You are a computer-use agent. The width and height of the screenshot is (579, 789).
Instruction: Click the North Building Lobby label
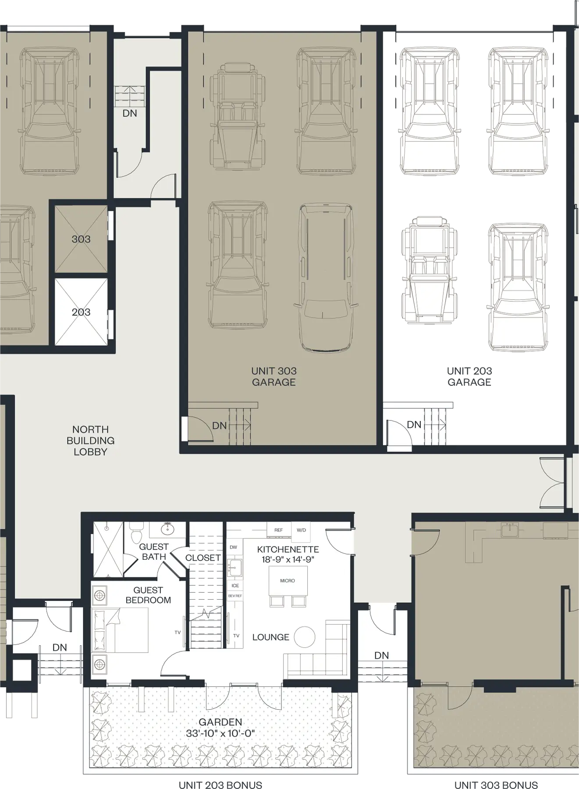(90, 441)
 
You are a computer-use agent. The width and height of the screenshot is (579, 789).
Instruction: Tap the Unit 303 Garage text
(274, 377)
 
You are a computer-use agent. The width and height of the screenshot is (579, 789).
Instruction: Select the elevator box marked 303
(81, 239)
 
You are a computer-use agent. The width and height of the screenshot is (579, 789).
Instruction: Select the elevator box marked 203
(81, 312)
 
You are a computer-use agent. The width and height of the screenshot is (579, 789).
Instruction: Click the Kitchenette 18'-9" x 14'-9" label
(288, 554)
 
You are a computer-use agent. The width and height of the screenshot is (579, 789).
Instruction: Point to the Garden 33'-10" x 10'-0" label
(220, 728)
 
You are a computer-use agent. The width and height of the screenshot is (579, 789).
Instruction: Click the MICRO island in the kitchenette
(288, 580)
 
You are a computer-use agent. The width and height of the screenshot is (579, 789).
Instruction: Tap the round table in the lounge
(305, 637)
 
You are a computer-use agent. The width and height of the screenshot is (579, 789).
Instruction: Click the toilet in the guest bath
(136, 534)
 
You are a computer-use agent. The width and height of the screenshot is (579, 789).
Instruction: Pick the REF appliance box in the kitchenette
(279, 530)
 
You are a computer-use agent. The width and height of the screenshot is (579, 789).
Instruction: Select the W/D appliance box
(301, 530)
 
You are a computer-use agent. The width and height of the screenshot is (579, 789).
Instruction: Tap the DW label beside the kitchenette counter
(233, 547)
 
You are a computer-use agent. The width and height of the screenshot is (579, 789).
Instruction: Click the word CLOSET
(202, 558)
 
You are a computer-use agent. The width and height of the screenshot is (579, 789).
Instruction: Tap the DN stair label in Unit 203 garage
(414, 424)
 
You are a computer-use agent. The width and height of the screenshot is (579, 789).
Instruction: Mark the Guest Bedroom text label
(148, 595)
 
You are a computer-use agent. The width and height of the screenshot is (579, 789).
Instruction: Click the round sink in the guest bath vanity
(167, 529)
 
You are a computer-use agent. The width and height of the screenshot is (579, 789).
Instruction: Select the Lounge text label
(270, 637)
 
